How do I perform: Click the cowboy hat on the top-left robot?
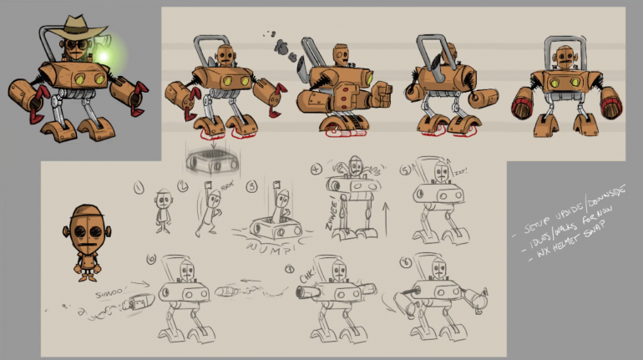click(x=74, y=27)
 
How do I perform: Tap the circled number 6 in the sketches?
click(x=151, y=259)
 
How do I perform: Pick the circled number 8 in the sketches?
click(x=406, y=259)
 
